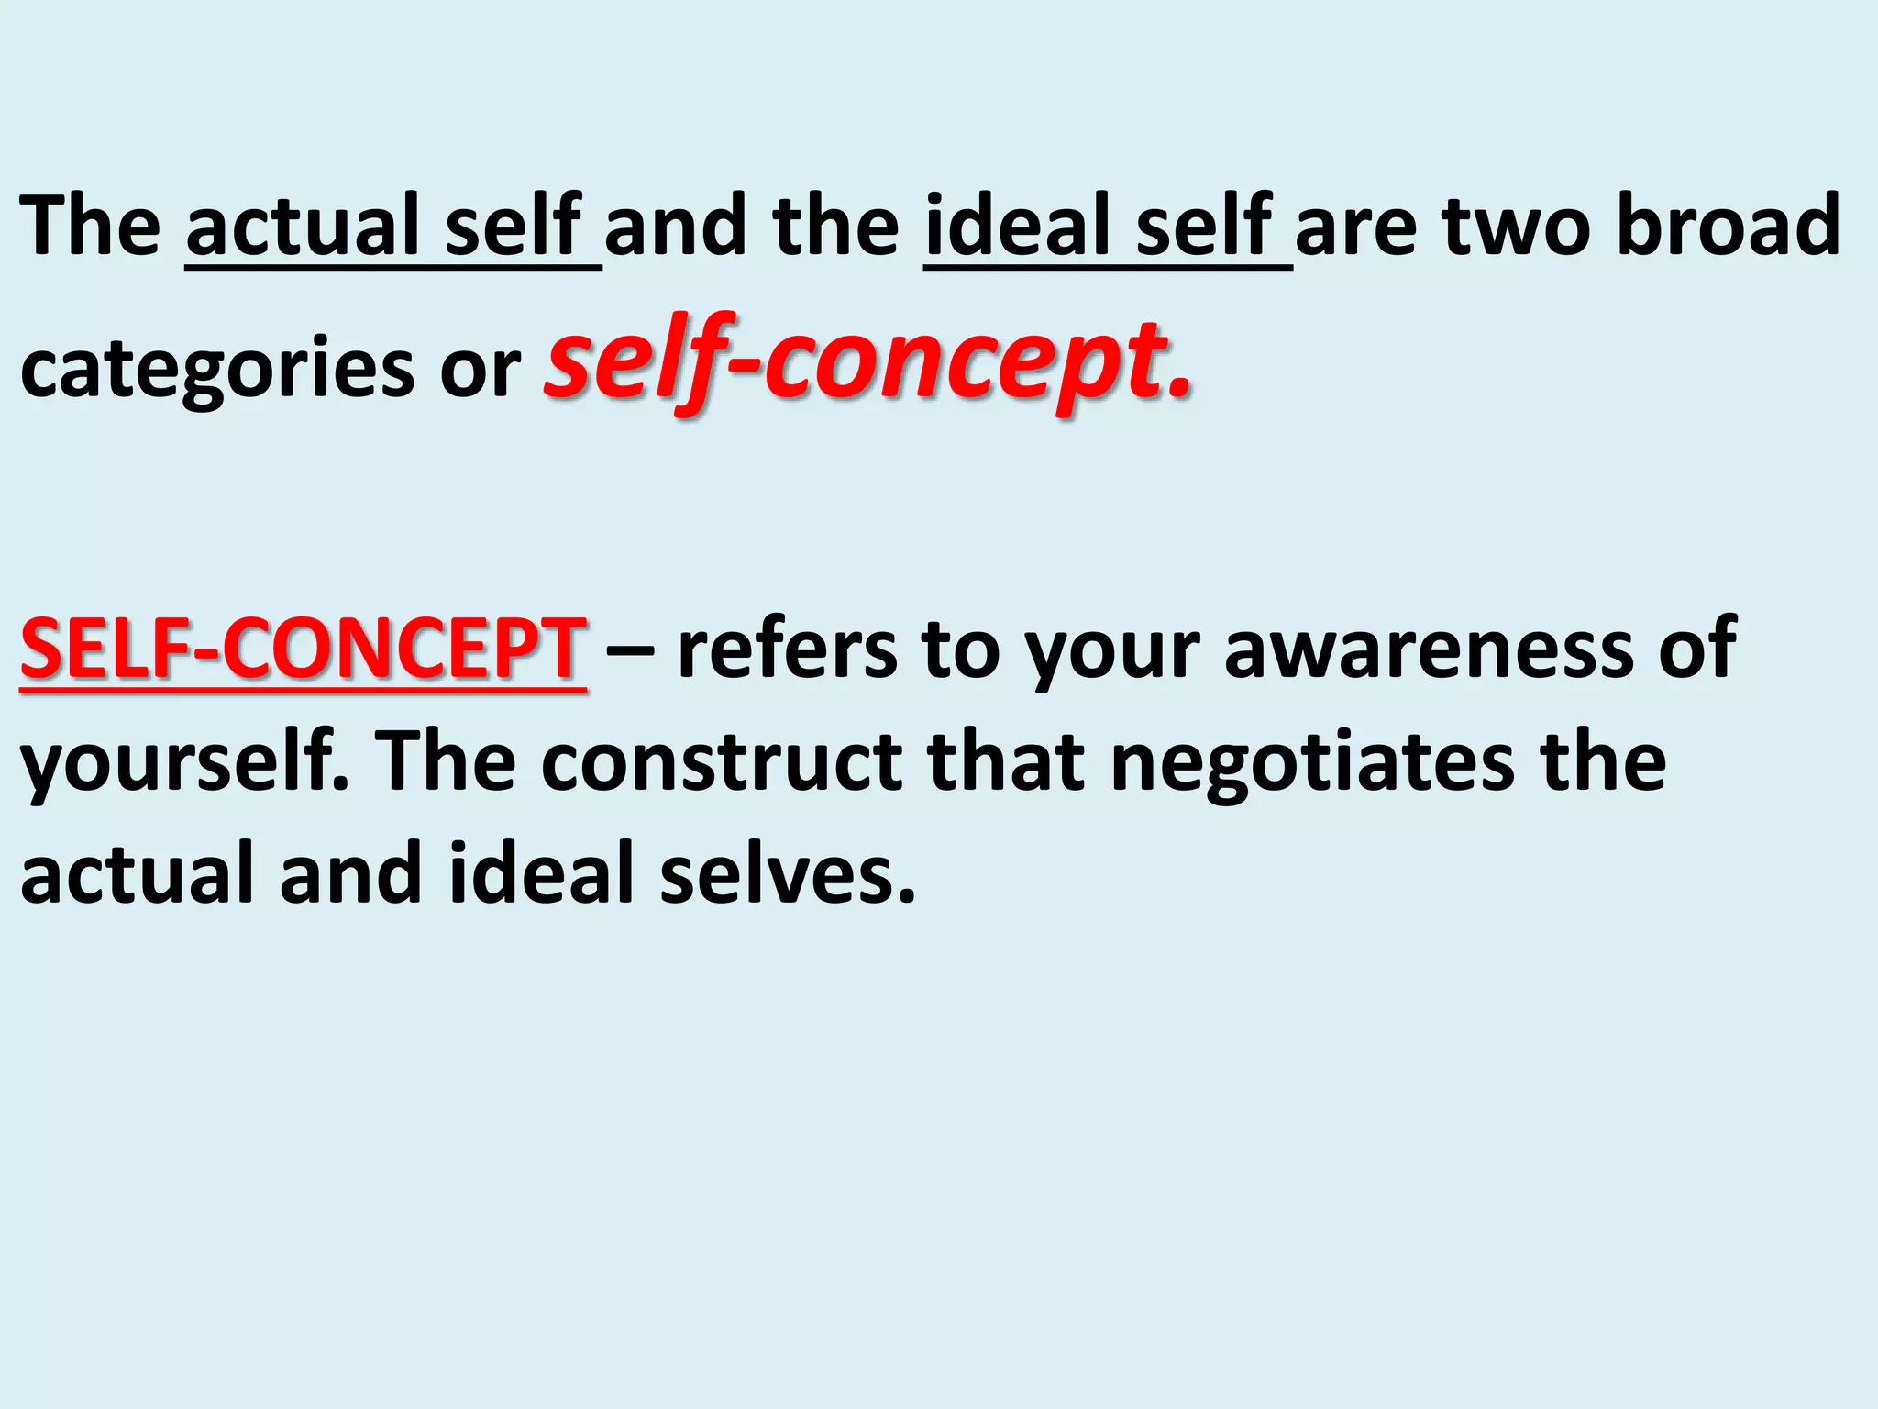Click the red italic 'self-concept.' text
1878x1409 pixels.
coord(867,361)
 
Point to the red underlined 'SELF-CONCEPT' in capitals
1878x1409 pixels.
coord(303,649)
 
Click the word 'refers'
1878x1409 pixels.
coord(788,649)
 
